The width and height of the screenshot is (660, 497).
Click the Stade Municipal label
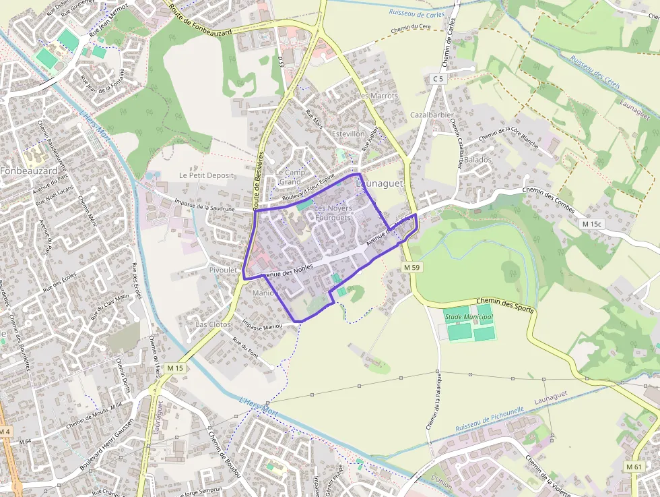coord(468,316)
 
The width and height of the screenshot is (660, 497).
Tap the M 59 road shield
coord(412,268)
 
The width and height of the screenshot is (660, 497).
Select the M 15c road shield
coord(593,224)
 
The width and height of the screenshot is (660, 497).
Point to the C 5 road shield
coord(438,79)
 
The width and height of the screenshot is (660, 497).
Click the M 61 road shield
coord(634,466)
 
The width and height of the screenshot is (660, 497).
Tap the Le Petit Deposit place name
coord(206,175)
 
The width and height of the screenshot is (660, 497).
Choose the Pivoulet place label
coord(224,270)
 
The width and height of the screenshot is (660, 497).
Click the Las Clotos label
coord(213,324)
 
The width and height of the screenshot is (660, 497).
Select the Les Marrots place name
coord(377,96)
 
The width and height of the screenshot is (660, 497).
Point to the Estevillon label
coord(348,134)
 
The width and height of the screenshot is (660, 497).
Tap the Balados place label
coord(477,160)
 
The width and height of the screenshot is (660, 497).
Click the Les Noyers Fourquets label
coord(333,213)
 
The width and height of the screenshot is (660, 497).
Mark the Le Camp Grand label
coord(290,177)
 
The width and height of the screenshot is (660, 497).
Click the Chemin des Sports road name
coord(505,305)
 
